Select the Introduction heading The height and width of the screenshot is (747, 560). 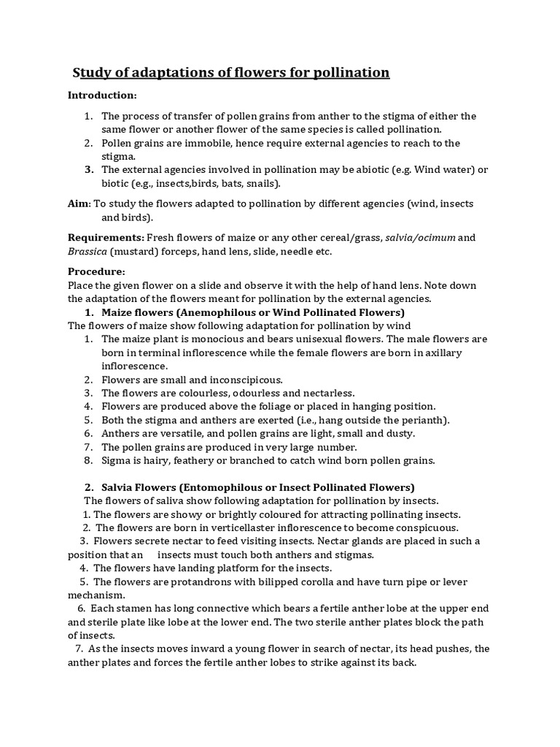102,96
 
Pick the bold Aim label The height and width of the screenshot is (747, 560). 79,204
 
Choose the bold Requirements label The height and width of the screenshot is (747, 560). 106,238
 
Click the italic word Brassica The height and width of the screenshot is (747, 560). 87,251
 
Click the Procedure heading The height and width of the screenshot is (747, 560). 97,271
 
